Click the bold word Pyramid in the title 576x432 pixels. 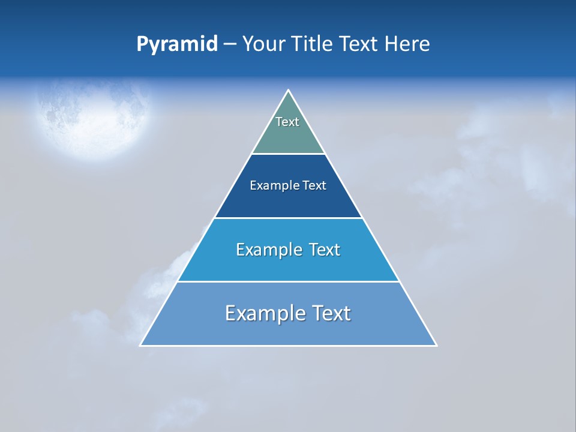pos(177,44)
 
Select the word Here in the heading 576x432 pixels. pos(407,44)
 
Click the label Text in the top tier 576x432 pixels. pos(287,122)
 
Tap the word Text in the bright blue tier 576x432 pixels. pos(324,250)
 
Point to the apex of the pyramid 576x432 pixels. pos(289,91)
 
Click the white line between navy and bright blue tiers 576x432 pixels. pos(288,218)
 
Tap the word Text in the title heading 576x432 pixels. pos(359,44)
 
